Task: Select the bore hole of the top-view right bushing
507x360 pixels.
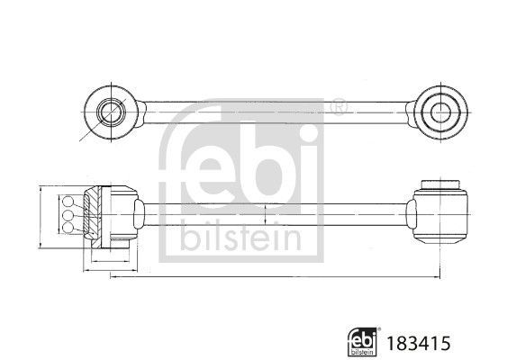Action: click(x=439, y=113)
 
